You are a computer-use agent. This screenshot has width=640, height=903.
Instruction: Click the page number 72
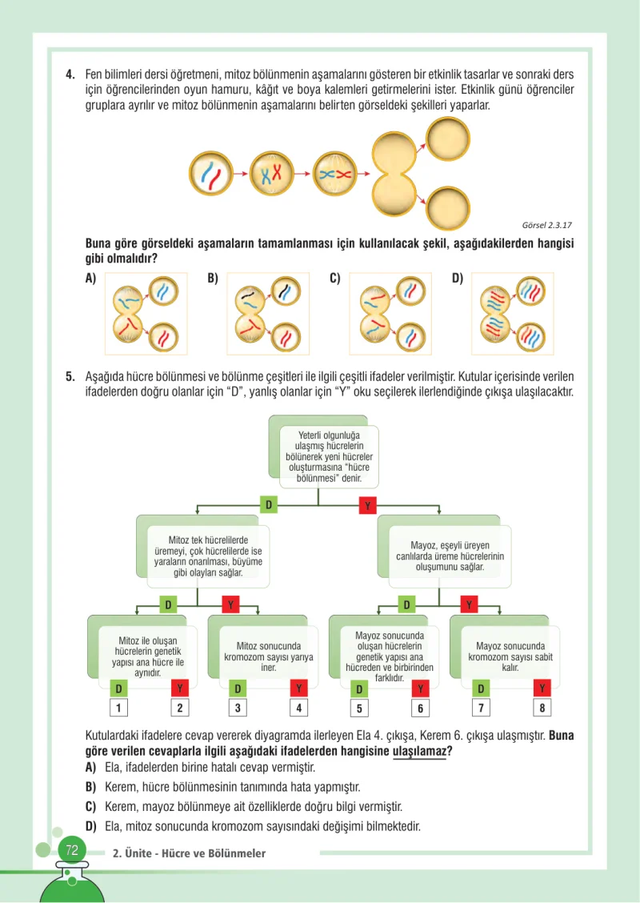[72, 850]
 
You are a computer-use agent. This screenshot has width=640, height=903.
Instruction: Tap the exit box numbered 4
[298, 708]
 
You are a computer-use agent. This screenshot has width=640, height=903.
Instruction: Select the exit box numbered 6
[420, 708]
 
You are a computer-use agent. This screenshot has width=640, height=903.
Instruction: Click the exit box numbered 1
[118, 708]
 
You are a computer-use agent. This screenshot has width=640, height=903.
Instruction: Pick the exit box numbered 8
[542, 708]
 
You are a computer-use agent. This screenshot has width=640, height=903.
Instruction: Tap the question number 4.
[70, 75]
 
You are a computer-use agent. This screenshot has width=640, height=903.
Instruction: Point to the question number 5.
[70, 377]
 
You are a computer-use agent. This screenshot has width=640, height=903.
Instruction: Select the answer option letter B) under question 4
[213, 279]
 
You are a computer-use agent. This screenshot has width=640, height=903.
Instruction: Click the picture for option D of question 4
[512, 313]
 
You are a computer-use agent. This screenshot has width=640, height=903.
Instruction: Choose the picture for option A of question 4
[146, 313]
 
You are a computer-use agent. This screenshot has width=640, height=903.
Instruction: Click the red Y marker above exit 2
[180, 688]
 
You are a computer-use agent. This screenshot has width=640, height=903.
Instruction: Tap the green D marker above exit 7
[481, 688]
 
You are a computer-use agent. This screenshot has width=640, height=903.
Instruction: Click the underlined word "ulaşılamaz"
[419, 752]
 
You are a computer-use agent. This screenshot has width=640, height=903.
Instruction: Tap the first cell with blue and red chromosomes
[210, 174]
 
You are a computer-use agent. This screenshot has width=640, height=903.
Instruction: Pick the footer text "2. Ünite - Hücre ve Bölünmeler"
[189, 853]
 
